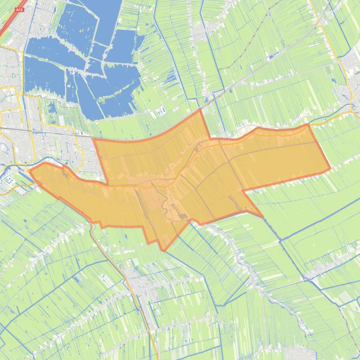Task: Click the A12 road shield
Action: tap(19, 9)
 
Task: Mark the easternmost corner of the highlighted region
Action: tap(330, 168)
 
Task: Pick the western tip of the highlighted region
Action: tap(30, 171)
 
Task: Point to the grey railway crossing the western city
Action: tap(47, 131)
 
